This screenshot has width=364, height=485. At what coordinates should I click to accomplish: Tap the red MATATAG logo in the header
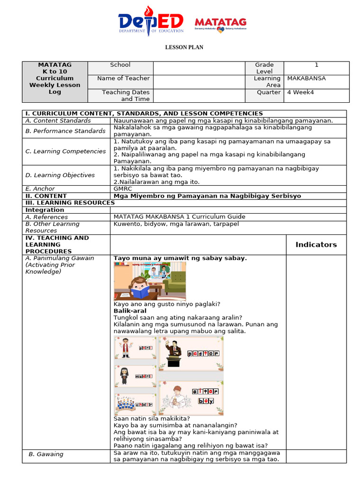[220, 23]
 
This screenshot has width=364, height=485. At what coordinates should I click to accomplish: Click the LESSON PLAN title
[184, 47]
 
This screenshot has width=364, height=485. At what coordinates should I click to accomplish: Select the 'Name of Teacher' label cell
[123, 78]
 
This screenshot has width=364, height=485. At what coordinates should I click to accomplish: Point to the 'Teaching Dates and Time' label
[126, 96]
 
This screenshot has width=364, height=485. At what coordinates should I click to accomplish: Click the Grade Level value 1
[316, 65]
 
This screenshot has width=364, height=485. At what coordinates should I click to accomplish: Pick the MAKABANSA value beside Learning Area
[307, 78]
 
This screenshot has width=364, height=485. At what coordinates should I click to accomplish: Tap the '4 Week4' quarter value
[300, 92]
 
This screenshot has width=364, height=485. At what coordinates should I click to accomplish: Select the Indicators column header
[316, 244]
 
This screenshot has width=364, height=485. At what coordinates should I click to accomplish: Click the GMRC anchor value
[122, 189]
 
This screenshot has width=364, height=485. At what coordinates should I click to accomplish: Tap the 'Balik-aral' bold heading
[130, 311]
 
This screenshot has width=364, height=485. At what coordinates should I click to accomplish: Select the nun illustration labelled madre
[124, 376]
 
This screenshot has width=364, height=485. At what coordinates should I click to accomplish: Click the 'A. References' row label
[46, 216]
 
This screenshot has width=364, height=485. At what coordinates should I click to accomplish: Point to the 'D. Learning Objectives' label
[60, 175]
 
